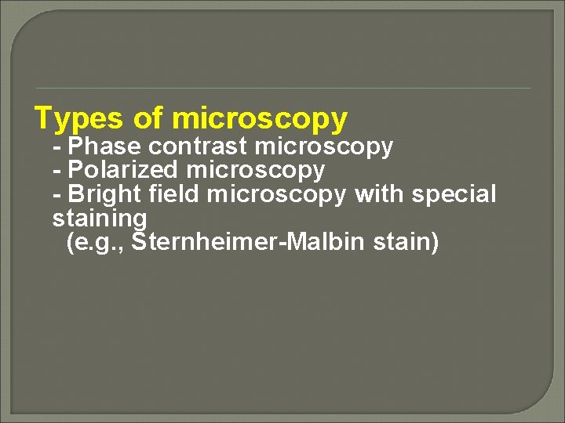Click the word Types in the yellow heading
[x=78, y=119]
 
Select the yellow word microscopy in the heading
[x=259, y=119]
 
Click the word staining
[x=100, y=218]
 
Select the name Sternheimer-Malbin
[x=249, y=241]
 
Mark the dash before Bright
[x=56, y=194]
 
